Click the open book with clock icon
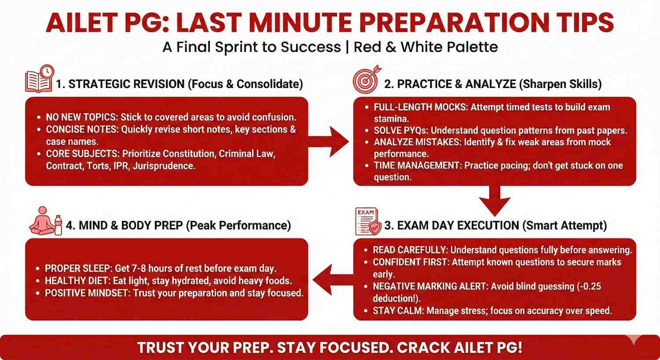40,79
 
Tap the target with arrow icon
367,79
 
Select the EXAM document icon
368,221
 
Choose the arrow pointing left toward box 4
333,279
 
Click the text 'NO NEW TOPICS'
81,117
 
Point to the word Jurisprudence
164,166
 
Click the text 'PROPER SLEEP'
78,268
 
